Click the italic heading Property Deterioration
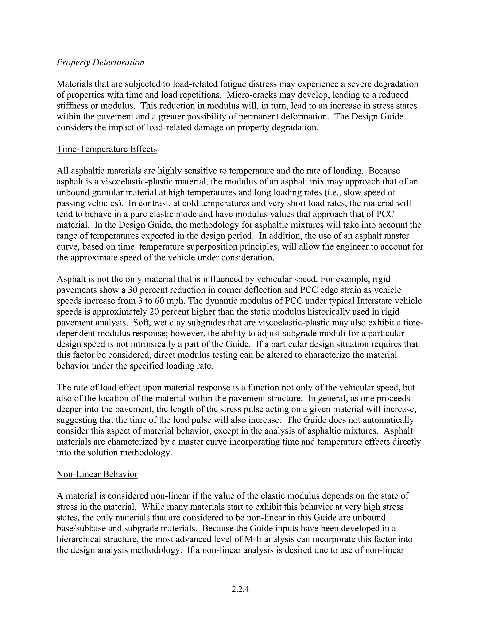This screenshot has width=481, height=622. tap(100, 62)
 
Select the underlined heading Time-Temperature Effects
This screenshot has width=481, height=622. tap(107, 149)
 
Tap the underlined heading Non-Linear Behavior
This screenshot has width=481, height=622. tap(97, 474)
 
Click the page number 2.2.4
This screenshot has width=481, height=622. tap(240, 589)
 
